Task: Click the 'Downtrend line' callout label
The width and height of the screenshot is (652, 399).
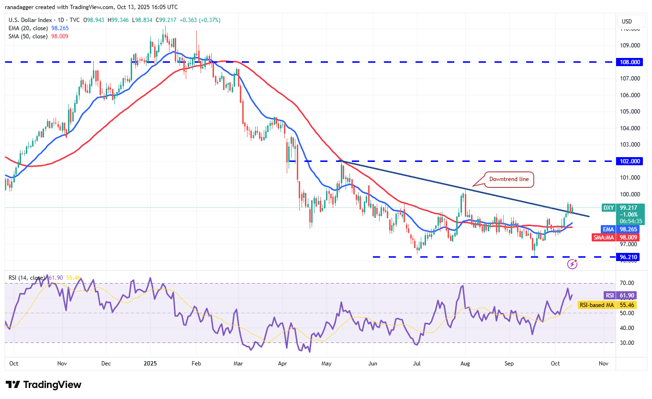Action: (509, 179)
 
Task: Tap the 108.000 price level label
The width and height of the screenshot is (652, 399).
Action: (629, 62)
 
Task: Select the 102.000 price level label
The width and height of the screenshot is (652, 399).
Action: (629, 161)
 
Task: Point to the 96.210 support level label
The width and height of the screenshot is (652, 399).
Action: (629, 257)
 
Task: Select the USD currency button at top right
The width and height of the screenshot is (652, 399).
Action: (627, 21)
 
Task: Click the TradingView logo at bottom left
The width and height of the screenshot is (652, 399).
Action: (44, 385)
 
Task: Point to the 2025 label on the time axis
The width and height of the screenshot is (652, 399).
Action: (150, 364)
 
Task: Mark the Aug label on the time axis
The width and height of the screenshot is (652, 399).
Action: (465, 364)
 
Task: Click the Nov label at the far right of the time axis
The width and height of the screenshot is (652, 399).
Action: (604, 364)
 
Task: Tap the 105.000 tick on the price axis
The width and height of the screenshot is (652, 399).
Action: (629, 112)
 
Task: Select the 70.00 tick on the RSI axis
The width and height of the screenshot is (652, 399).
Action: (627, 283)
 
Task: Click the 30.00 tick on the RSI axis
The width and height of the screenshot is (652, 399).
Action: (627, 343)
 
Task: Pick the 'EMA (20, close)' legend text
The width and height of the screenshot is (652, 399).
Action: (28, 29)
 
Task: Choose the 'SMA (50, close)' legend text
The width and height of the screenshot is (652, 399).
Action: (28, 36)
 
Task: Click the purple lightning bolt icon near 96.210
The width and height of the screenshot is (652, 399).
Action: (572, 264)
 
